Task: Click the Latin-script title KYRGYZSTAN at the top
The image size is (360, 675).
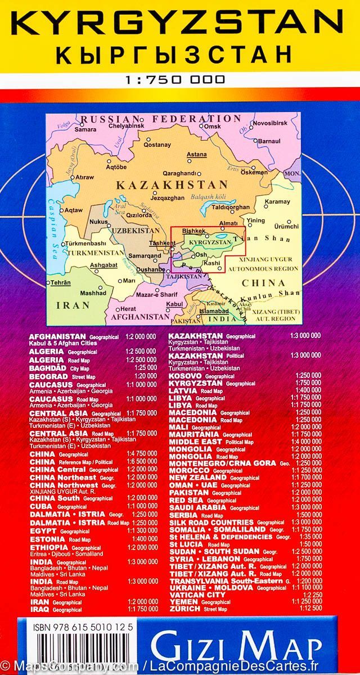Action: click(x=179, y=23)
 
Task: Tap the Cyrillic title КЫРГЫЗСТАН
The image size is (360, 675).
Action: click(x=179, y=55)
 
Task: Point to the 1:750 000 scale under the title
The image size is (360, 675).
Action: click(x=179, y=79)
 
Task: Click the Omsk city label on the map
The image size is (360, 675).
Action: click(x=212, y=127)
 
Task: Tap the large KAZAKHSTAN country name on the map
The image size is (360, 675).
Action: click(x=172, y=184)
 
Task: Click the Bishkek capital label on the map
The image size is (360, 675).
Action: click(x=193, y=231)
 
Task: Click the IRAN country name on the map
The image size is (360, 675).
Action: click(x=73, y=305)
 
